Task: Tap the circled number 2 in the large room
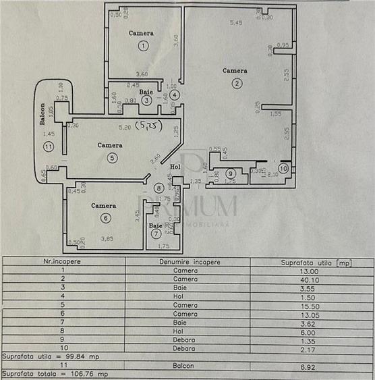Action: point(237,84)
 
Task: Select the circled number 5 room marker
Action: point(113,158)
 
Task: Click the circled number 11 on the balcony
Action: point(47,146)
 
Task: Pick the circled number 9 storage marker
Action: point(230,173)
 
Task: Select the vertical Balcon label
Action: point(42,115)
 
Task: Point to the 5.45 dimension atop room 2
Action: point(236,24)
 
